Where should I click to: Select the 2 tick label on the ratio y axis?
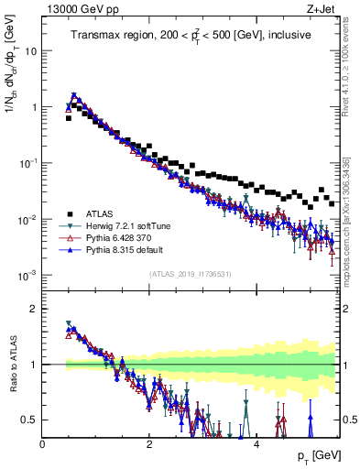pyautogui.click(x=33, y=309)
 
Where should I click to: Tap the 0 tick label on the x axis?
pyautogui.click(x=43, y=444)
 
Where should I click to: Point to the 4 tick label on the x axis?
pyautogui.click(x=256, y=444)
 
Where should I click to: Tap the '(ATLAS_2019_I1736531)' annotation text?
pyautogui.click(x=191, y=274)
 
